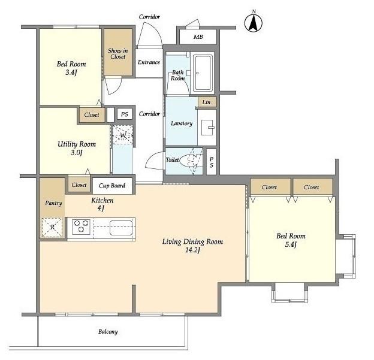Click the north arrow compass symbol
[x=254, y=23]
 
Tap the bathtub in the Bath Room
[x=203, y=73]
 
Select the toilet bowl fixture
[x=188, y=161]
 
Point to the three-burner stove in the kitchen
[x=81, y=226]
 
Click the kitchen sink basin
[x=121, y=228]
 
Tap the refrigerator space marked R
[x=52, y=228]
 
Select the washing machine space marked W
[x=123, y=135]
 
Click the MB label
[x=198, y=37]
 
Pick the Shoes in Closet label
[x=118, y=54]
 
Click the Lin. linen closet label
[x=207, y=102]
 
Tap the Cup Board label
[x=112, y=186]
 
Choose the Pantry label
[x=53, y=203]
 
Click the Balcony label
[x=108, y=332]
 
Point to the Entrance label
[x=149, y=62]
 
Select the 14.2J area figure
[x=192, y=250]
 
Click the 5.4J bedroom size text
[x=291, y=244]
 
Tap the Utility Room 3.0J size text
[x=77, y=153]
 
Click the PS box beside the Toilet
[x=212, y=162]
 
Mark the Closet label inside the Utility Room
[x=92, y=114]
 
